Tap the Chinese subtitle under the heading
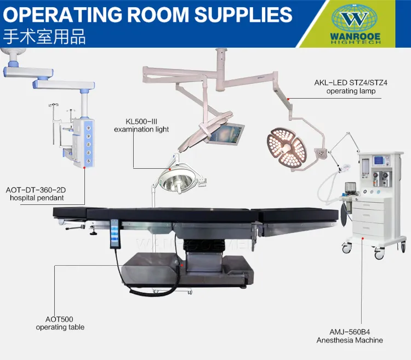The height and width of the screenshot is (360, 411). [x=44, y=37]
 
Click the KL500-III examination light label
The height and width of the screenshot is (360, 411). [x=141, y=125]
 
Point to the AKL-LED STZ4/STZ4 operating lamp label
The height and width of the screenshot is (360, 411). [x=345, y=87]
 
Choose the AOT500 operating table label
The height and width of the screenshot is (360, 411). [x=60, y=323]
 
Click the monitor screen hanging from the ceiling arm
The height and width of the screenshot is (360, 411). [x=226, y=133]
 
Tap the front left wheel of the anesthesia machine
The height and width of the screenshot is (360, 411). [x=346, y=248]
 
